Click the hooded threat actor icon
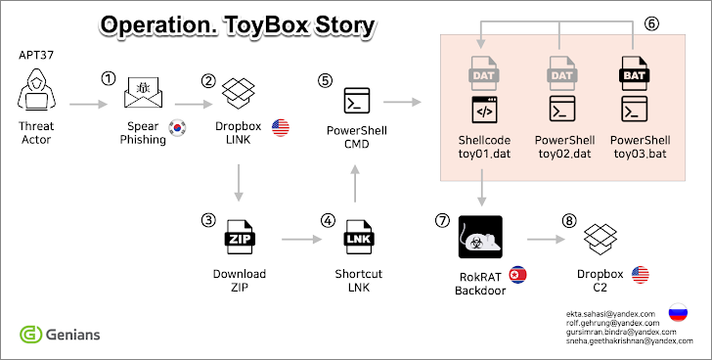[37, 89]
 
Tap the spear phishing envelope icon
[144, 92]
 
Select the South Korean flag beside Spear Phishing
[177, 128]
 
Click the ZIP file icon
[240, 237]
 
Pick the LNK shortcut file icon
[359, 237]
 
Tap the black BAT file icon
[635, 73]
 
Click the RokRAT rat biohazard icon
[480, 237]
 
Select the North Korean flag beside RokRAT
[517, 275]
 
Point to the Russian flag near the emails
[678, 313]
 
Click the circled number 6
[651, 24]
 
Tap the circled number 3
[208, 221]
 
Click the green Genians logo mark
[30, 335]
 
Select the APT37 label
[36, 55]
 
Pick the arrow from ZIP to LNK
[301, 239]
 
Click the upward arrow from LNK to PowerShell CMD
[355, 183]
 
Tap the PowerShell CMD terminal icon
[357, 101]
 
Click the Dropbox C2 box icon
[600, 239]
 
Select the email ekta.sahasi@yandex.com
[610, 314]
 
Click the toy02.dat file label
[564, 154]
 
